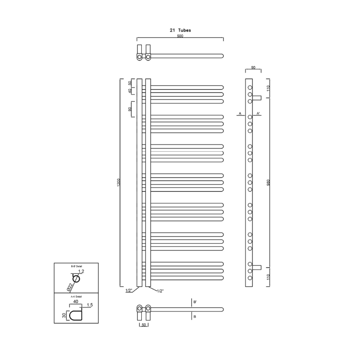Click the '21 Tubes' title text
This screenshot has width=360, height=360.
180,30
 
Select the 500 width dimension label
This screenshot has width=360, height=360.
180,36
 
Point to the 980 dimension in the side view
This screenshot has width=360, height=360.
269,182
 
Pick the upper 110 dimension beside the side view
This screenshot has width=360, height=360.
269,88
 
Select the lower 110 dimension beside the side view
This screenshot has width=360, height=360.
269,277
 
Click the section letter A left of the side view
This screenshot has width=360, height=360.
239,113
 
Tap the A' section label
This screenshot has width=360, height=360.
258,113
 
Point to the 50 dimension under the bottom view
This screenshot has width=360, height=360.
144,325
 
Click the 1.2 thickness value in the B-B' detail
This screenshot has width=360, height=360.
81,271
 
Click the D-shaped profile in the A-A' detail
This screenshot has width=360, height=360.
76,316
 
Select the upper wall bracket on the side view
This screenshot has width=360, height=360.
257,98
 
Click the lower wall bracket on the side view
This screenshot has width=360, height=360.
257,266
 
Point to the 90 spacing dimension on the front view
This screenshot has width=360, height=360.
130,109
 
